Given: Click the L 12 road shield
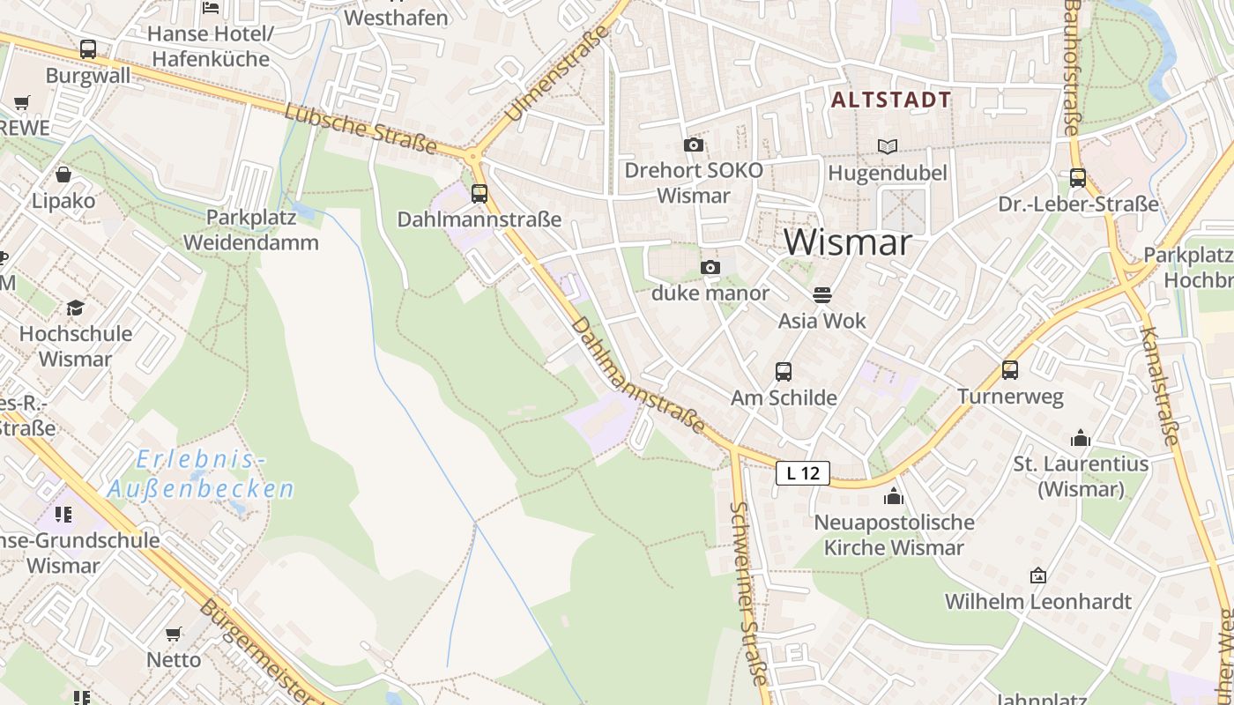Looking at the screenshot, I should click(x=803, y=473).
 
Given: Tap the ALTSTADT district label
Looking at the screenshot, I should click(x=891, y=100).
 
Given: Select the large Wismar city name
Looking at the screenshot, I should click(x=847, y=242).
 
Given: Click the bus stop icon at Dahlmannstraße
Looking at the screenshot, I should click(x=479, y=193).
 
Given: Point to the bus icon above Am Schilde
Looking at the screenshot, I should click(x=784, y=372).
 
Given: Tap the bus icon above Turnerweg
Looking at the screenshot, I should click(x=1010, y=370).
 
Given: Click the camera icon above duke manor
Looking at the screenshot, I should click(x=710, y=267).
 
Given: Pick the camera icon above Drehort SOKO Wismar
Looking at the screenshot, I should click(x=694, y=145).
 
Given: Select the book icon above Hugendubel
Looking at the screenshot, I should click(x=887, y=146).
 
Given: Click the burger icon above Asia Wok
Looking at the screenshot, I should click(x=822, y=294).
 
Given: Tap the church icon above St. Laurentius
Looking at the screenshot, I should click(x=1081, y=438).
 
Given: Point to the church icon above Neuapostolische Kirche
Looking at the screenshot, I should click(x=894, y=496).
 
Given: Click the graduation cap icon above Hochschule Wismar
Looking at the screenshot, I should click(x=76, y=308).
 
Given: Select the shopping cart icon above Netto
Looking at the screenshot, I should click(x=174, y=634).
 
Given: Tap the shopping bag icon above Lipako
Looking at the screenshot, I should click(x=63, y=174).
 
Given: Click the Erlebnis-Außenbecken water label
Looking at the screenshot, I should click(x=201, y=474).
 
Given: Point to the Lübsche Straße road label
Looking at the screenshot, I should click(x=361, y=129).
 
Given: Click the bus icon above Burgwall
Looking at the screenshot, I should click(x=88, y=49).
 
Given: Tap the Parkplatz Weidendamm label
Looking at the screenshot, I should click(x=250, y=229).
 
